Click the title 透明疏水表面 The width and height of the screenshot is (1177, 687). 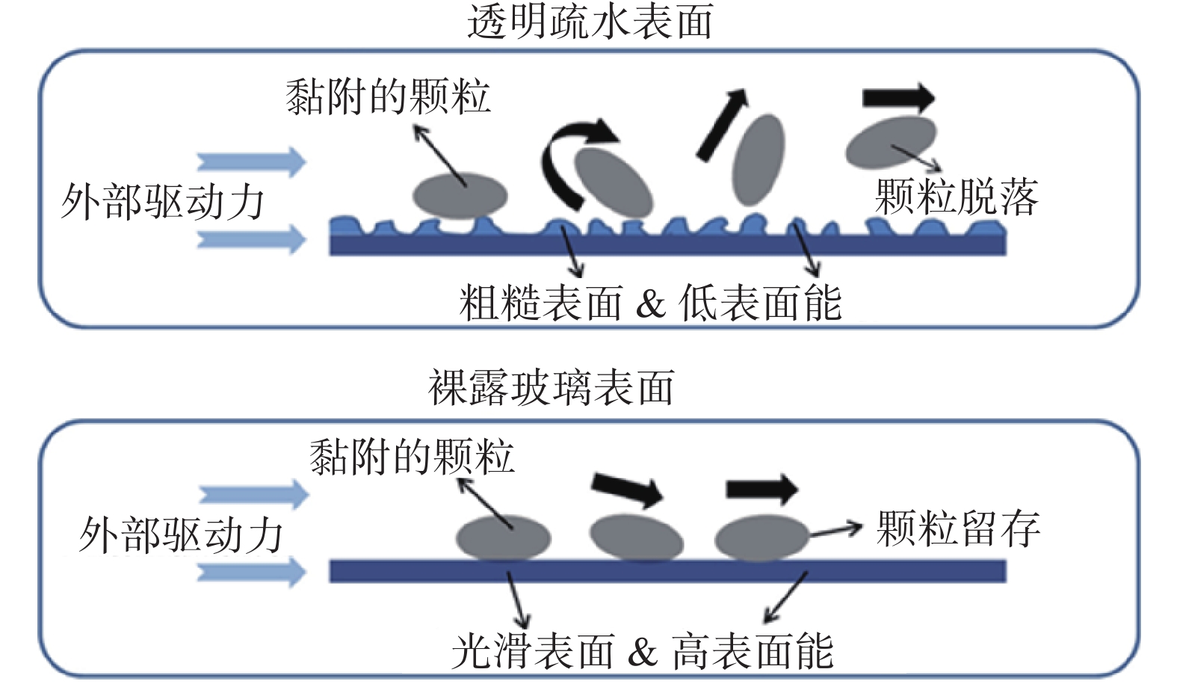590,22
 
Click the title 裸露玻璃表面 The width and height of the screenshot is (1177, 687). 552,387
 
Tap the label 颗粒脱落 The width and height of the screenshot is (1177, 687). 957,197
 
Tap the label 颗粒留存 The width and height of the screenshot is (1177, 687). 958,529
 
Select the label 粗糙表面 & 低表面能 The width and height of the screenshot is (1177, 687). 650,304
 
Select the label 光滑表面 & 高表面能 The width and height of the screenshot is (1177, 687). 643,650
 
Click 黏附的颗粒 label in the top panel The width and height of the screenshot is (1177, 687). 389,96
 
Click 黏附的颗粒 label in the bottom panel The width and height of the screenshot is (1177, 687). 412,456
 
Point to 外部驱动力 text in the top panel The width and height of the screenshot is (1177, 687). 162,202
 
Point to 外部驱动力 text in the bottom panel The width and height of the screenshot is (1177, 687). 182,535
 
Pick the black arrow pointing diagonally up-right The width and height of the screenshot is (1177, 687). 721,124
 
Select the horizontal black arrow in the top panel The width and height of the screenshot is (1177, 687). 898,98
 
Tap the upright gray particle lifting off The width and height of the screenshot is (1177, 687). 758,160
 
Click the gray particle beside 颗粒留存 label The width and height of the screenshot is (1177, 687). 762,538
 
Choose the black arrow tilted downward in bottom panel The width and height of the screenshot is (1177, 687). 627,490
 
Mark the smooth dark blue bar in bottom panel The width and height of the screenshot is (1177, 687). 668,571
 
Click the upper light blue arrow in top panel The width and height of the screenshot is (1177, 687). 252,161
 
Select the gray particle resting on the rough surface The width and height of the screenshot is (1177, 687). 460,196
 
